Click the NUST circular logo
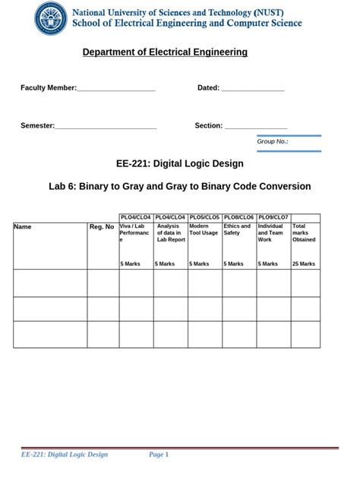[x=51, y=19]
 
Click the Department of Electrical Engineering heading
[x=165, y=52]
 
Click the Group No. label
[x=272, y=142]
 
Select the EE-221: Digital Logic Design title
[x=180, y=163]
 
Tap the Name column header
[x=23, y=226]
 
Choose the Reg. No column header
[x=102, y=226]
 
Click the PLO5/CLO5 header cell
[x=204, y=218]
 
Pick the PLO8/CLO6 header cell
[x=239, y=218]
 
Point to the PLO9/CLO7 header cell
[x=273, y=218]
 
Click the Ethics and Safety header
[x=237, y=229]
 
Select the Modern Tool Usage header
[x=204, y=229]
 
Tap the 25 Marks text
[x=303, y=264]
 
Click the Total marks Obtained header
[x=304, y=233]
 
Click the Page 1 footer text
[x=159, y=455]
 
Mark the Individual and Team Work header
[x=270, y=233]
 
